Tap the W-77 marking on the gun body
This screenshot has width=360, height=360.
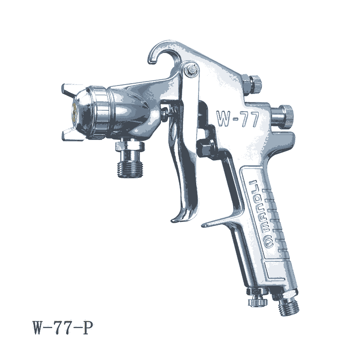point(238,119)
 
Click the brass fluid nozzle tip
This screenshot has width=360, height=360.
point(74,112)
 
